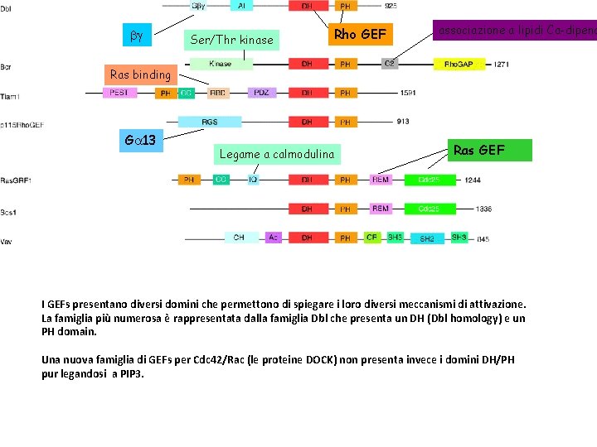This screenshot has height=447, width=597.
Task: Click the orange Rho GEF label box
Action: tap(360, 34)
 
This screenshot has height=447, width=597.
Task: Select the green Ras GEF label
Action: tap(478, 150)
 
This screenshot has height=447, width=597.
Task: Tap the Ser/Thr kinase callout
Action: tap(231, 40)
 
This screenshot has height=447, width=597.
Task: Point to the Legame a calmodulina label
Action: tap(277, 154)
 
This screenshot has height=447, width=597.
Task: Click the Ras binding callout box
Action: tap(140, 74)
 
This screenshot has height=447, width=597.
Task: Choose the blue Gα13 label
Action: tap(138, 140)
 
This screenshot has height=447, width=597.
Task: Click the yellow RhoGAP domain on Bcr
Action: tap(456, 64)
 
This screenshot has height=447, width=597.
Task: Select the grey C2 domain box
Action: tap(389, 63)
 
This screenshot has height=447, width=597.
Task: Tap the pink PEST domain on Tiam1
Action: tap(119, 93)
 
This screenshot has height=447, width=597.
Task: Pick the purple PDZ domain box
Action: tap(261, 93)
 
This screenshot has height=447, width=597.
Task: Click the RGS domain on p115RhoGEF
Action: tap(210, 122)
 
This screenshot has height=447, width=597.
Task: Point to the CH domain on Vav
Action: tap(239, 238)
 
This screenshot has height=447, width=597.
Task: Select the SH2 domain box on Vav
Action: tap(426, 238)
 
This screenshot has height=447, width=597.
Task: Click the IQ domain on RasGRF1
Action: tap(253, 179)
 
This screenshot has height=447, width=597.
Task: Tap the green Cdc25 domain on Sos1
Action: tap(430, 209)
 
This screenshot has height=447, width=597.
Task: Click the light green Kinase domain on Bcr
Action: tap(221, 64)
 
